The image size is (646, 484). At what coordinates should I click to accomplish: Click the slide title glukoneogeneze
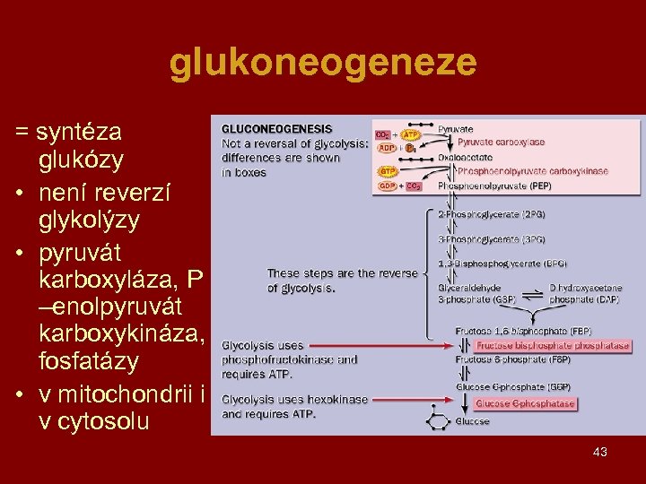click(x=323, y=63)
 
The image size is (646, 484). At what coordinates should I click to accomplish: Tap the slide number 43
click(x=599, y=452)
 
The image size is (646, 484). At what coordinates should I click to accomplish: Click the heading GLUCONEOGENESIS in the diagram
click(x=276, y=129)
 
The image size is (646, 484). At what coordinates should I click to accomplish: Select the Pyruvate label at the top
click(x=455, y=129)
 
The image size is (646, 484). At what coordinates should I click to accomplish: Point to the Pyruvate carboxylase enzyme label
click(x=501, y=143)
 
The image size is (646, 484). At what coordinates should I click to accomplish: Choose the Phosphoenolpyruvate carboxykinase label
click(x=532, y=170)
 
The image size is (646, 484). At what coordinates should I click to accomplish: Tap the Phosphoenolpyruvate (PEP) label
click(x=494, y=186)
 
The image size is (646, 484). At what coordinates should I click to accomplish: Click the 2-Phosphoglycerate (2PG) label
click(x=491, y=214)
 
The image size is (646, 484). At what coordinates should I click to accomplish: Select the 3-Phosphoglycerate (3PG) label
click(x=491, y=239)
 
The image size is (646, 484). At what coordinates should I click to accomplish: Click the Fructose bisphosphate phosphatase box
click(x=552, y=345)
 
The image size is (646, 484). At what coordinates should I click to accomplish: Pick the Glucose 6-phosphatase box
click(x=525, y=404)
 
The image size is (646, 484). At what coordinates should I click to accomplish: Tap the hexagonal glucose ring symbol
click(x=441, y=419)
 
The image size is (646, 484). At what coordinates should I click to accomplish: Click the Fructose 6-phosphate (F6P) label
click(x=500, y=359)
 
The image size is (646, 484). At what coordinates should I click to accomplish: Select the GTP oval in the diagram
click(x=388, y=170)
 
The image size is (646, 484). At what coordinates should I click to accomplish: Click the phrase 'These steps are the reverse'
click(x=342, y=273)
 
